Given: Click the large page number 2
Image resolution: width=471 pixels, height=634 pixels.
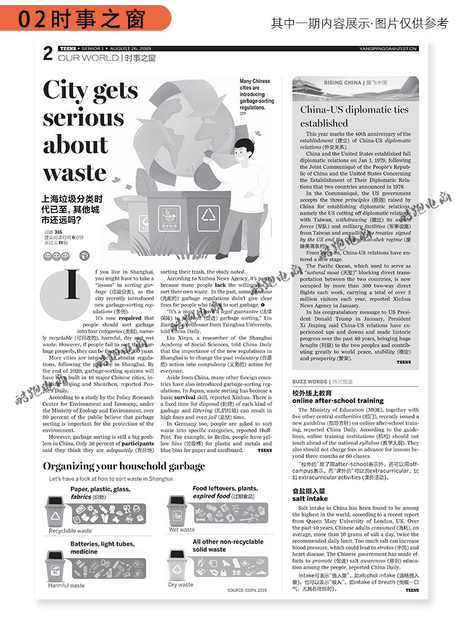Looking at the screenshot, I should [48, 55].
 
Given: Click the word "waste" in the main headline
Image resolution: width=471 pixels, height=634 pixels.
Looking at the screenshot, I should [75, 173].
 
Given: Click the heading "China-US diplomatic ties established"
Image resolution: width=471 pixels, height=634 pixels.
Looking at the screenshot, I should [354, 116].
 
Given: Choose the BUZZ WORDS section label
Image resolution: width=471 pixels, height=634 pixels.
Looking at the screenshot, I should [310, 381].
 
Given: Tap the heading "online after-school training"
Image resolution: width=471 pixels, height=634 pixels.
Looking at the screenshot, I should [338, 400].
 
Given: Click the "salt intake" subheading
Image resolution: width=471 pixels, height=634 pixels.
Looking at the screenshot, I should [310, 498].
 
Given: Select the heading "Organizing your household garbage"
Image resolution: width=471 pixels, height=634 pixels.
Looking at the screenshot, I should [124, 466].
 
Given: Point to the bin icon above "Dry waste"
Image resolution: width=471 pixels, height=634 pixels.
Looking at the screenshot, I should [178, 564].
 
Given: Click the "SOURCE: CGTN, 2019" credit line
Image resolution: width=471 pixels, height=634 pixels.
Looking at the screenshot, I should [247, 590].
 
